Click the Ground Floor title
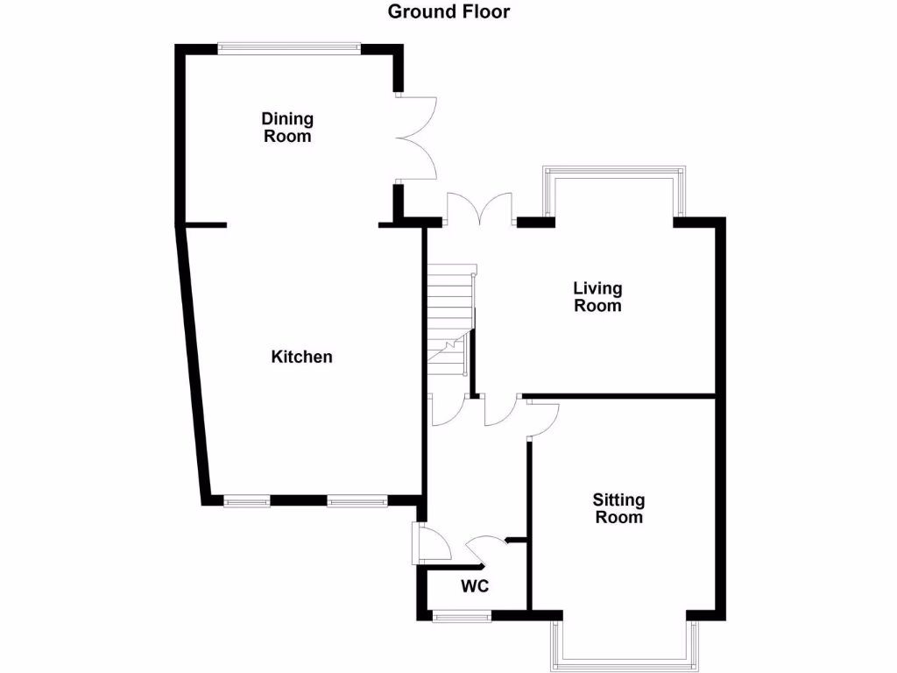tap(448, 11)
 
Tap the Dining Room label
tap(287, 127)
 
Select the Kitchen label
tap(301, 357)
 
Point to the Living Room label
tap(597, 296)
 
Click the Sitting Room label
tap(618, 508)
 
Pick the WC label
tap(475, 586)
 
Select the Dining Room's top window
tap(288, 49)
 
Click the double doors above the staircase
tap(479, 210)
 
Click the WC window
tap(462, 617)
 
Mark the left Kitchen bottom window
tap(246, 501)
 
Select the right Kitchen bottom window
tap(357, 501)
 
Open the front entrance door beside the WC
tap(429, 543)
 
